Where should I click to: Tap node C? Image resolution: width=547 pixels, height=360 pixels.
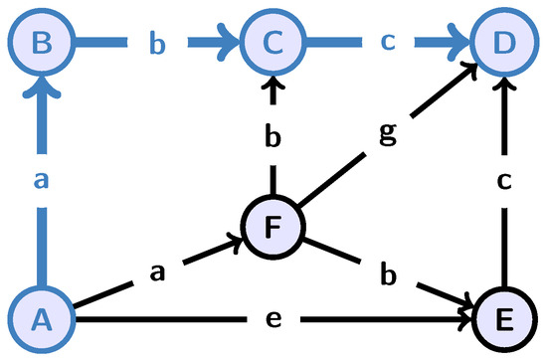coord(268,42)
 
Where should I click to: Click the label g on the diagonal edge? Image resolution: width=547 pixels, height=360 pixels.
coord(385,133)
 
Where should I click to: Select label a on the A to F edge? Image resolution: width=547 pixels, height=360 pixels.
coord(154,271)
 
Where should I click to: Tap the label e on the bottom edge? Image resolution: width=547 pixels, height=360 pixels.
coord(273,319)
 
